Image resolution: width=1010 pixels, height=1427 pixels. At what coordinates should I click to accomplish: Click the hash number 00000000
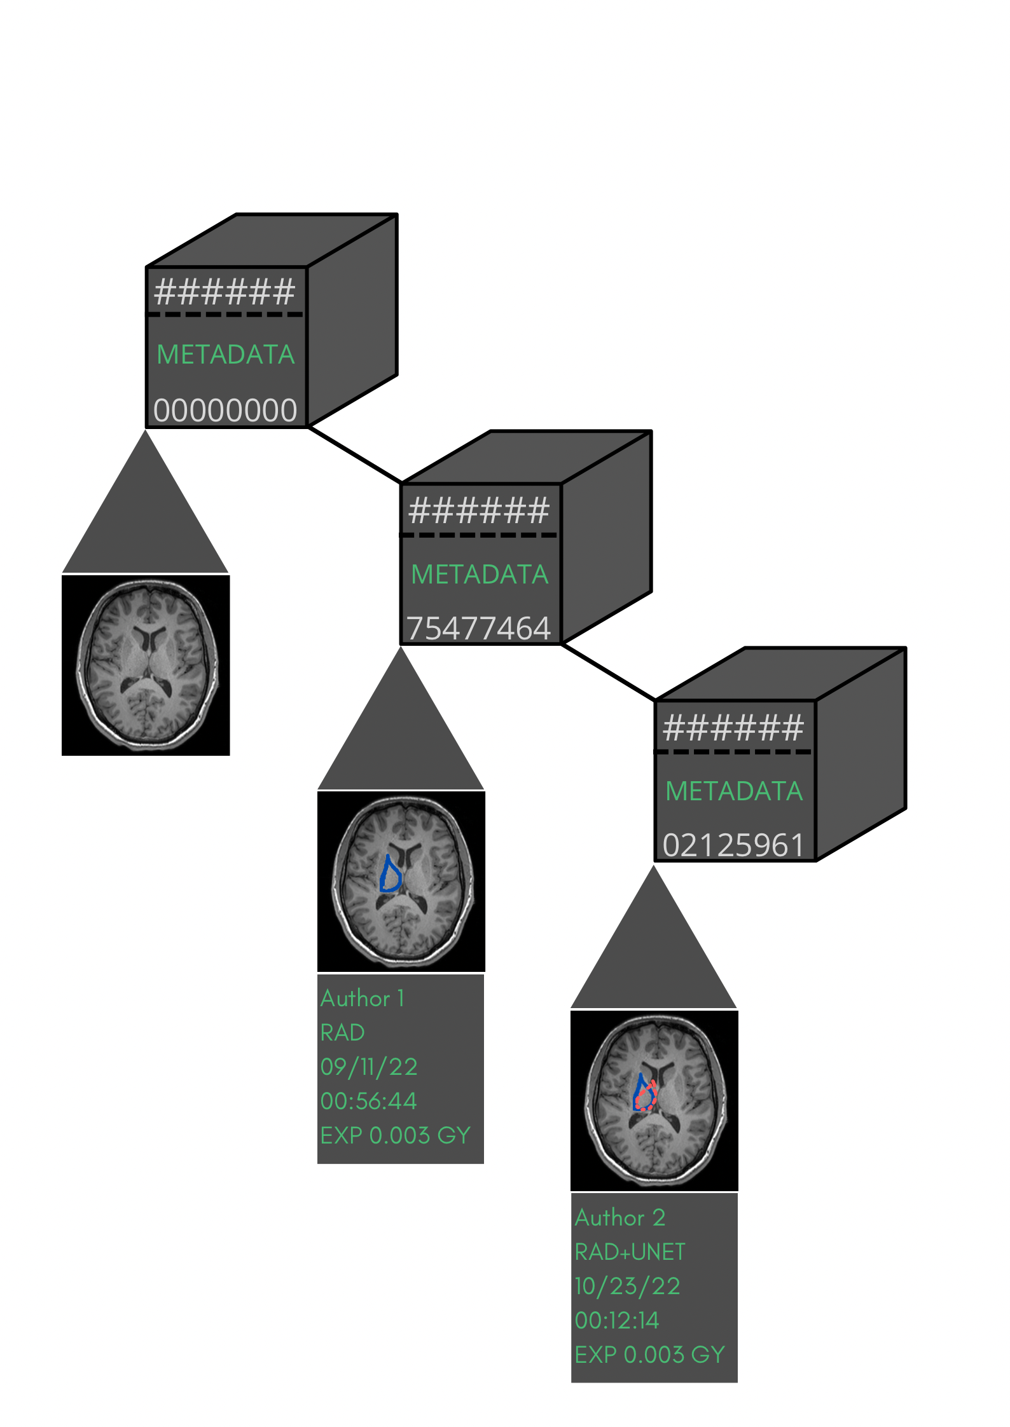(225, 410)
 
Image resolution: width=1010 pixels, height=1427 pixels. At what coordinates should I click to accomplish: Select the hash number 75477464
(478, 628)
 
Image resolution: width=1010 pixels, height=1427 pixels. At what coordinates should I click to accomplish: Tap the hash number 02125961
(733, 845)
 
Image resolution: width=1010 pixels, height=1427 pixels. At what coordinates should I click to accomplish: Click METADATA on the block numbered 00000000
(226, 355)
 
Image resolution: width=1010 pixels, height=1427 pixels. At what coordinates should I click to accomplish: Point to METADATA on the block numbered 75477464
(480, 575)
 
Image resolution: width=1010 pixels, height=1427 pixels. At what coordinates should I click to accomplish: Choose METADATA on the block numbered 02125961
(734, 791)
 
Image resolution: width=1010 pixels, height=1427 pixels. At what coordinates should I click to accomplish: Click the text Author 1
(363, 999)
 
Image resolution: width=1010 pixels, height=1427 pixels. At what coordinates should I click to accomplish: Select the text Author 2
(620, 1217)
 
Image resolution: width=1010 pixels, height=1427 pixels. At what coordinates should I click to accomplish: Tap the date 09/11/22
(369, 1067)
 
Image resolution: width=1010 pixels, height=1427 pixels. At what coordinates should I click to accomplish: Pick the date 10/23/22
(627, 1286)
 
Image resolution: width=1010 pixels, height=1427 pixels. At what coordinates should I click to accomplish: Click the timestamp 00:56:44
(369, 1101)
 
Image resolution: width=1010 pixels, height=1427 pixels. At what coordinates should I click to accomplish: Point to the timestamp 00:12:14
(617, 1320)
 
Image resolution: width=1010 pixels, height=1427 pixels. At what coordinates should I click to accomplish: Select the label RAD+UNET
(630, 1252)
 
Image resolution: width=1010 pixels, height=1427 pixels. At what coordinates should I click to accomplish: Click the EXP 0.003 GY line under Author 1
(395, 1135)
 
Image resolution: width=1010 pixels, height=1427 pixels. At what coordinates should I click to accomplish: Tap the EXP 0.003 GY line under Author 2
(649, 1355)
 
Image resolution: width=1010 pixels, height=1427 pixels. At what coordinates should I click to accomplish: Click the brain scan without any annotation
(146, 665)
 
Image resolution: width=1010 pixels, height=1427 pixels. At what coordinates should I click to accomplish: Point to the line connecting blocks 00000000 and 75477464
(354, 454)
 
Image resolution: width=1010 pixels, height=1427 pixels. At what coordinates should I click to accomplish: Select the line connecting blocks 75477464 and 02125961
(609, 673)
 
